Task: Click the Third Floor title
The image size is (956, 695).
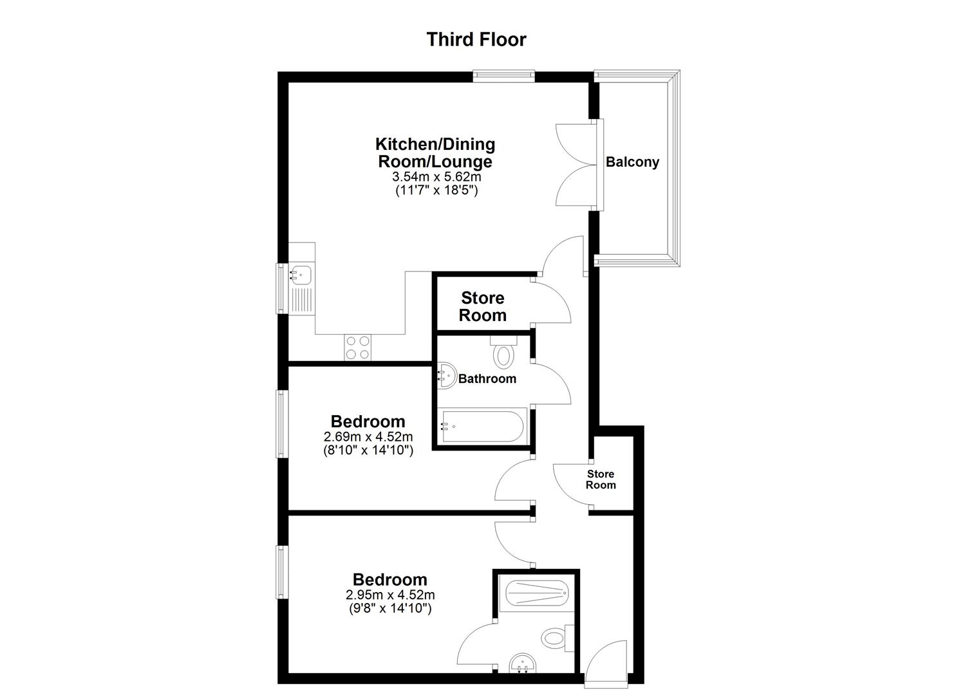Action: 476,39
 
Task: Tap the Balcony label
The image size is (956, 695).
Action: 632,162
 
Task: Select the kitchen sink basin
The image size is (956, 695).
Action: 301,275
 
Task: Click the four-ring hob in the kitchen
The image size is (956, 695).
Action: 357,347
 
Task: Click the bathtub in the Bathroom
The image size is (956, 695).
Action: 482,425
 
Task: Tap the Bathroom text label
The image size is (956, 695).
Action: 487,378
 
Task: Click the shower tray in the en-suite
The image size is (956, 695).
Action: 536,592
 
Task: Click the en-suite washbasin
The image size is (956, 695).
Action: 523,663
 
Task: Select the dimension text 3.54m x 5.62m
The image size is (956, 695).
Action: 436,177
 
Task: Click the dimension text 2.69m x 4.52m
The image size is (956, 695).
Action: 368,436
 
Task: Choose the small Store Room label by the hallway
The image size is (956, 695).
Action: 600,479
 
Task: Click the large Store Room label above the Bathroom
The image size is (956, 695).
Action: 483,306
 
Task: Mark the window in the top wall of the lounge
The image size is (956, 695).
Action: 503,77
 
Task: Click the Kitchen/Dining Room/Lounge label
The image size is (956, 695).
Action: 435,153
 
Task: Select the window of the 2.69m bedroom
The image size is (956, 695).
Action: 282,423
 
